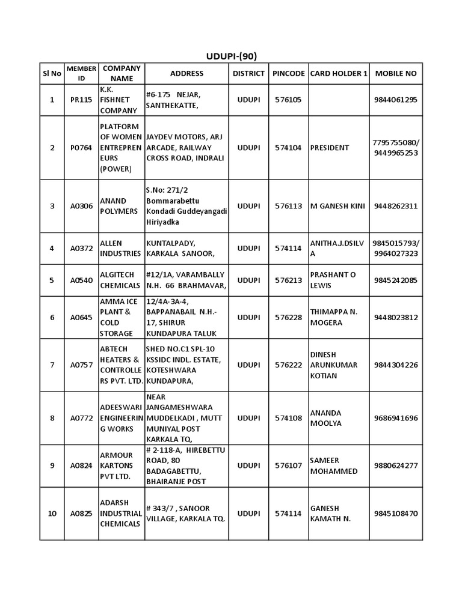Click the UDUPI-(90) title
click(x=232, y=56)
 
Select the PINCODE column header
click(x=288, y=73)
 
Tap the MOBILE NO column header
click(x=395, y=73)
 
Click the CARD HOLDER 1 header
click(x=339, y=73)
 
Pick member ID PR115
click(x=81, y=100)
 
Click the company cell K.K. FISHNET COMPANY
click(x=119, y=100)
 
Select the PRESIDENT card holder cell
click(x=329, y=148)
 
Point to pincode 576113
click(x=288, y=206)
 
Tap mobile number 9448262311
click(x=395, y=206)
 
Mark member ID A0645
click(x=81, y=317)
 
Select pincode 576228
click(x=288, y=317)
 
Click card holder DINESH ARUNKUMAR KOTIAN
click(x=334, y=365)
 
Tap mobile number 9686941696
click(x=395, y=418)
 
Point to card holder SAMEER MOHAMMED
click(x=334, y=465)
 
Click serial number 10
click(x=52, y=514)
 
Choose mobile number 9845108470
click(x=395, y=514)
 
